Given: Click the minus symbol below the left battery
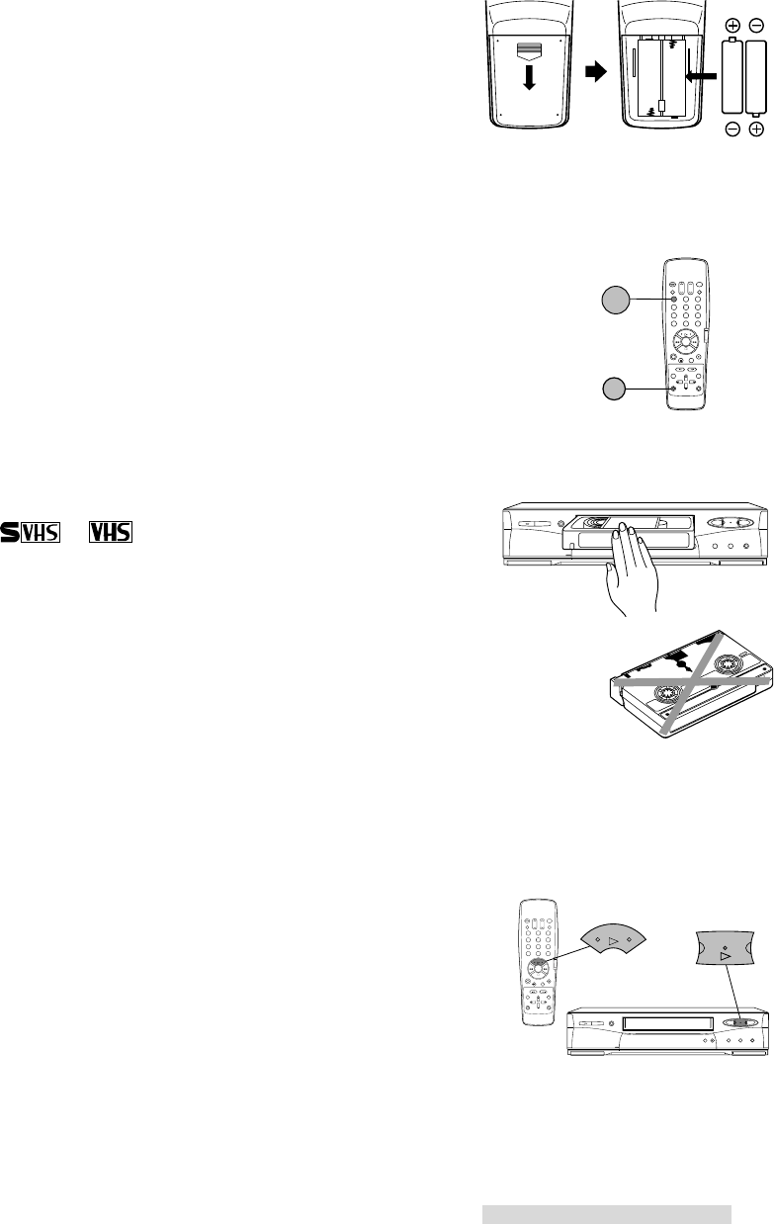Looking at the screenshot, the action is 733,131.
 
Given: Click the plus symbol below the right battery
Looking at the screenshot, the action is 757,131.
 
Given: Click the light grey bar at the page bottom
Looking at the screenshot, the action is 606,1214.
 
